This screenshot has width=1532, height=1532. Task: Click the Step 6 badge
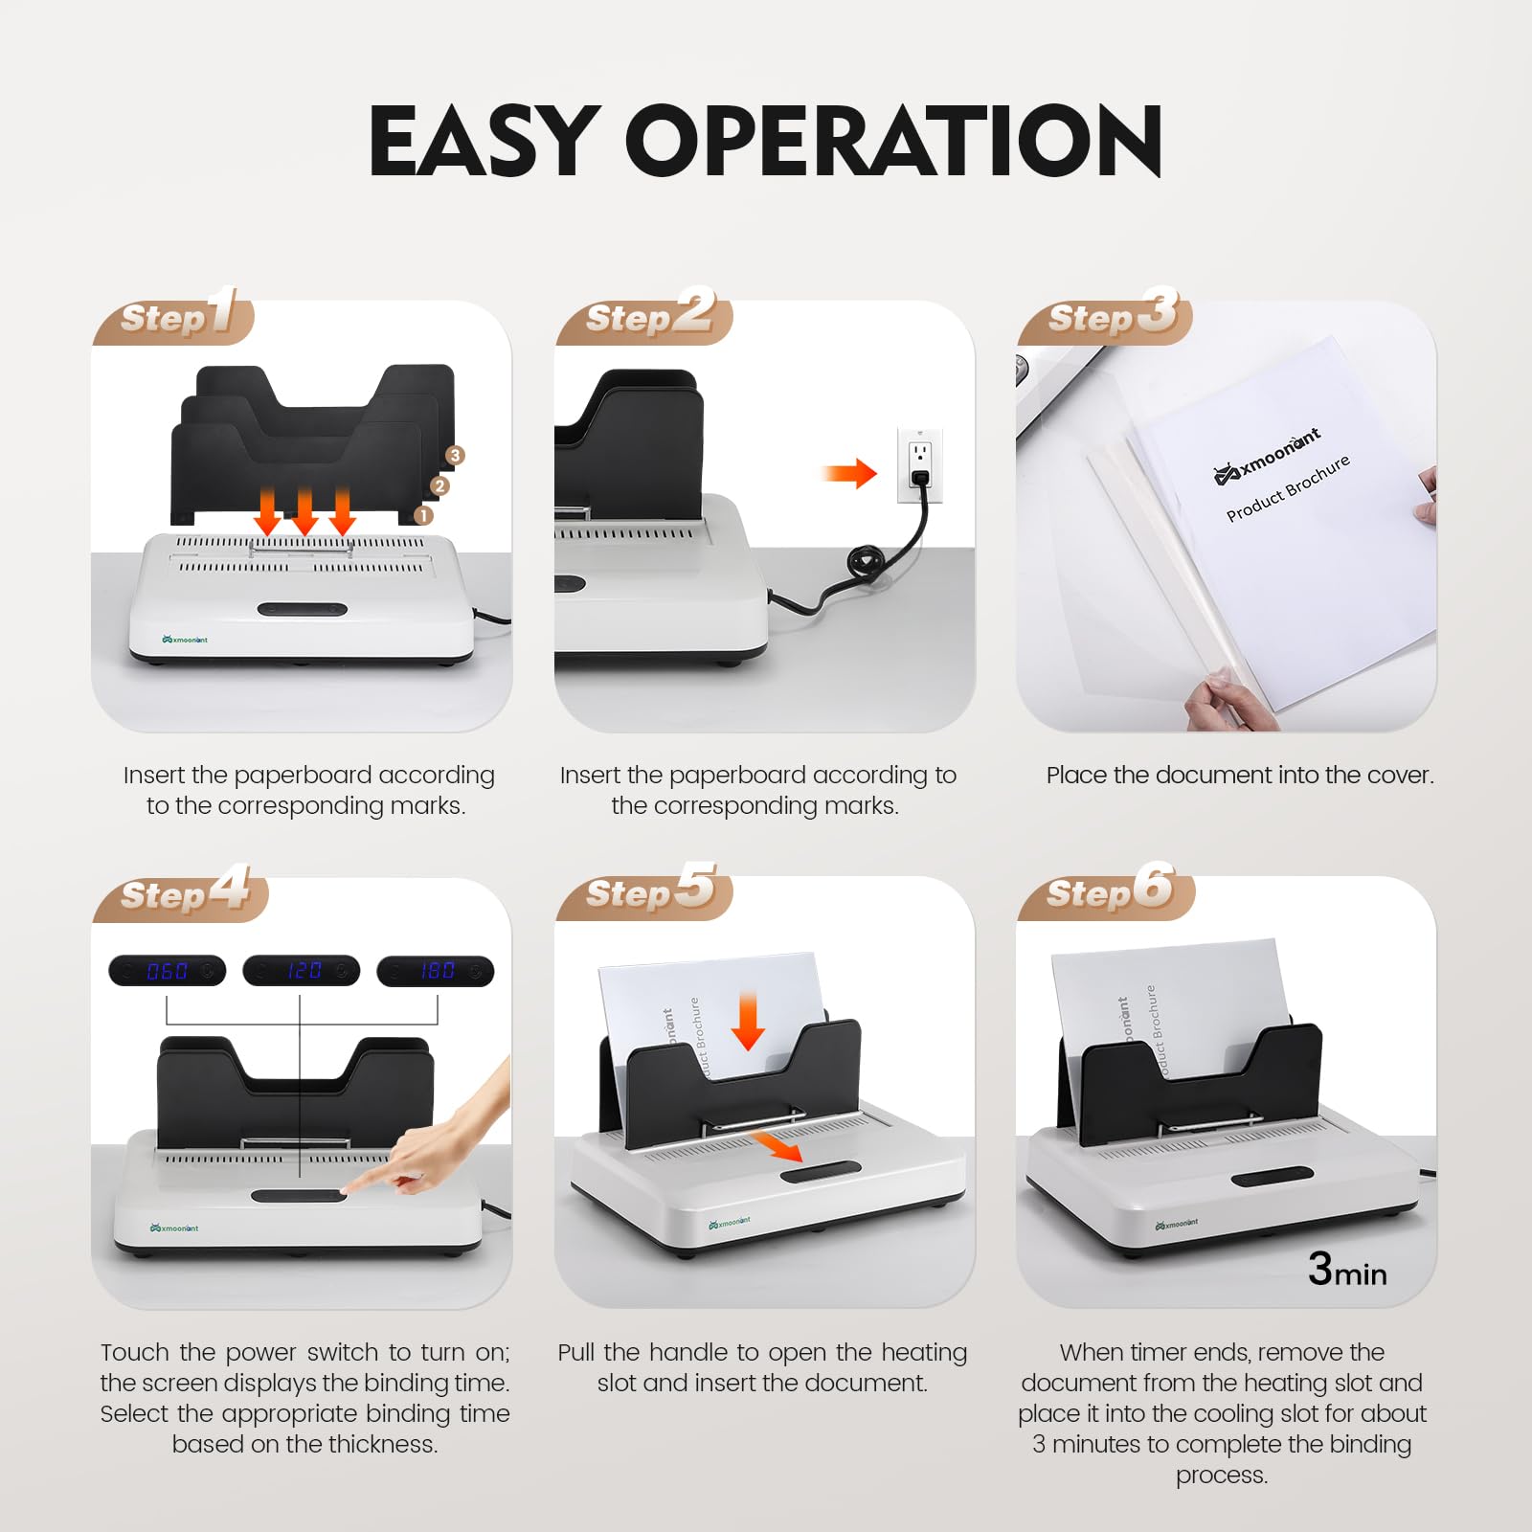coord(1108,890)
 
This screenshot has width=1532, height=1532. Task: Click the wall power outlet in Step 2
coord(920,464)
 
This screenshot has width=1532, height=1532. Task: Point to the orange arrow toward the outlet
coord(849,473)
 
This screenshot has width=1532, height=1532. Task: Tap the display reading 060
coord(168,971)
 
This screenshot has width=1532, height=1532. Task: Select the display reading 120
coord(302,971)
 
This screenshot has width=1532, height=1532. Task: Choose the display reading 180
coord(436,971)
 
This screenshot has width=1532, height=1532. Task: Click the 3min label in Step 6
coord(1347,1270)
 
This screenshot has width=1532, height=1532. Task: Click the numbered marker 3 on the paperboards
coord(455,456)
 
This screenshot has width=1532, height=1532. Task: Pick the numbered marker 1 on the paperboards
coord(424,515)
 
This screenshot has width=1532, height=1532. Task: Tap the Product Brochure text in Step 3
coord(1288,487)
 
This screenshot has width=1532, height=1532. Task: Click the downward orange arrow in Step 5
coord(748,1021)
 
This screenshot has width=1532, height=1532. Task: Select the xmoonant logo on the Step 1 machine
coord(185,640)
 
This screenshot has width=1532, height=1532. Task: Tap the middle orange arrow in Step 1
coord(304,512)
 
